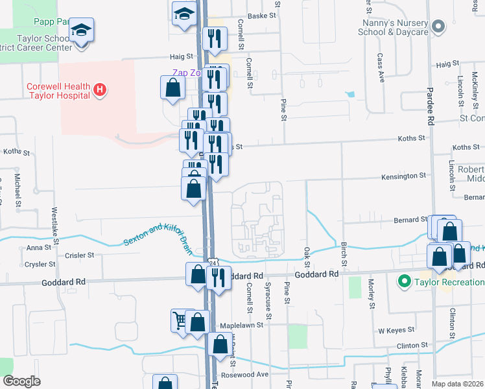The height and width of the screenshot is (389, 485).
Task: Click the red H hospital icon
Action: coord(100,90)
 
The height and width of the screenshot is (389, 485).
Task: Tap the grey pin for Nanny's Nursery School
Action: coord(439,27)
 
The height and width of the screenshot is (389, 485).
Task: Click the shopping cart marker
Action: coord(180,319)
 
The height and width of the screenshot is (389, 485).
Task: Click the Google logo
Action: coord(21,381)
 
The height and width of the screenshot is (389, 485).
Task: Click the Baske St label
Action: coord(262,16)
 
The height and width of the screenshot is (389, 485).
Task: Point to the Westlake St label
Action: coord(55,224)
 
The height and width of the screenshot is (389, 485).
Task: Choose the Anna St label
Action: coord(34,248)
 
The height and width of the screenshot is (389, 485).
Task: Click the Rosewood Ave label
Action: coord(244,375)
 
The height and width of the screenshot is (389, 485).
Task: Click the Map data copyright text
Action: coord(457,384)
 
